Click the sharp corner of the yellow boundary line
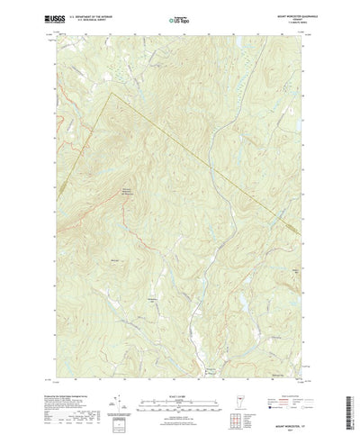point(109,90)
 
